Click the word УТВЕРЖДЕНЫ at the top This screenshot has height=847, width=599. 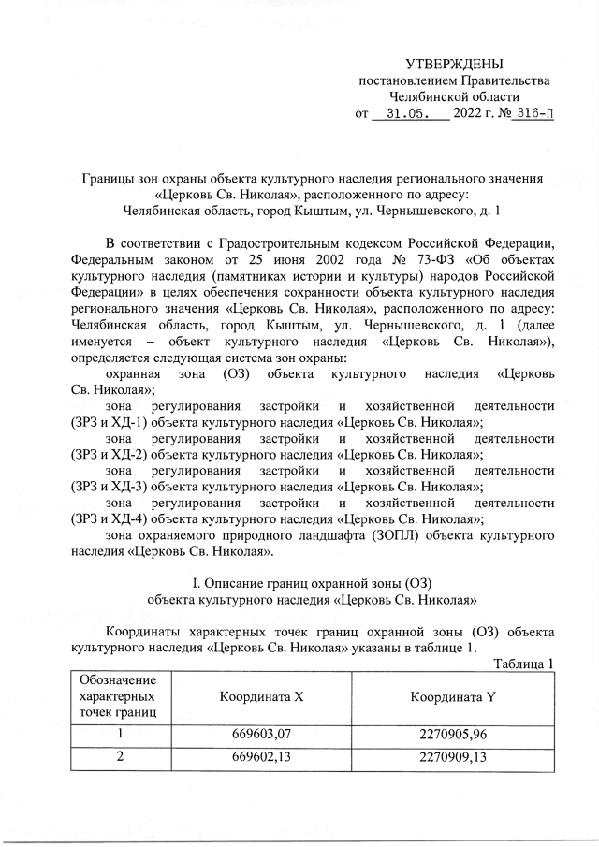coord(454,64)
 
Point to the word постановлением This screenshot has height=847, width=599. coord(408,80)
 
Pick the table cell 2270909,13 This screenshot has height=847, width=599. coord(454,758)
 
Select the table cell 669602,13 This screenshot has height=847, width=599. coord(263,758)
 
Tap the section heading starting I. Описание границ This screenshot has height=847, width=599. coord(310,584)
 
